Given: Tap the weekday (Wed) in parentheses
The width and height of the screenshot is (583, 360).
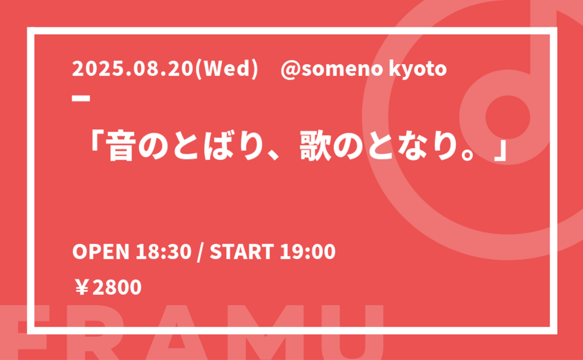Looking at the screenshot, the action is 227,69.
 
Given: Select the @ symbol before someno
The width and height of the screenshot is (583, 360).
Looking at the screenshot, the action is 291,70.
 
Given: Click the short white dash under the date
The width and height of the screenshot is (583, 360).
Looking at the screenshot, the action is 81,98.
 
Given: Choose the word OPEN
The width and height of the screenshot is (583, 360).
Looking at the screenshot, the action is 101,252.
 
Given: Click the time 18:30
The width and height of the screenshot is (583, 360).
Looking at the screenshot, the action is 163,252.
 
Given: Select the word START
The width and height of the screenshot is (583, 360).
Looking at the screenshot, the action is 242,252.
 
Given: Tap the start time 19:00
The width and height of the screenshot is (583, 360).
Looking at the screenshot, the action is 308,252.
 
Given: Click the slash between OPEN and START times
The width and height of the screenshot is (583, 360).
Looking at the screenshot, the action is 201,252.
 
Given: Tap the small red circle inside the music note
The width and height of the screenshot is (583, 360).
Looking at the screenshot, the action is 508,117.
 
